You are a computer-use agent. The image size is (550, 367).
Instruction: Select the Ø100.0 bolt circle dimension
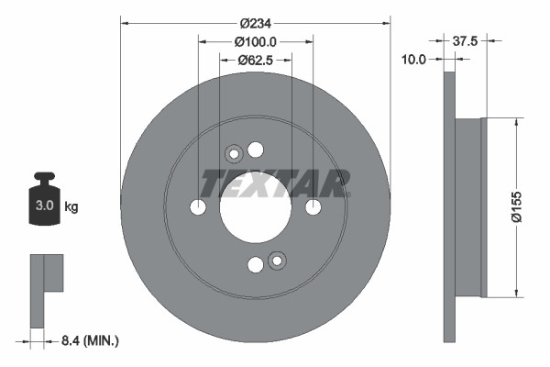pos(256,41)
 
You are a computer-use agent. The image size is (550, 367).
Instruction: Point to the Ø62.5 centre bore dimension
pos(256,61)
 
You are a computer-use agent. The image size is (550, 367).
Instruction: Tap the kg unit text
pos(71,207)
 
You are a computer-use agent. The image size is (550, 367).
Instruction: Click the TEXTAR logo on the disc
pos(275,183)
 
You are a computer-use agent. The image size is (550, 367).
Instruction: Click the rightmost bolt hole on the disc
pos(313,208)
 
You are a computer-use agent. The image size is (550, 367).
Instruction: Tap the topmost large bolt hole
pos(256,150)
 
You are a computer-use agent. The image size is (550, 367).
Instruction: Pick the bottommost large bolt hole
pos(256,266)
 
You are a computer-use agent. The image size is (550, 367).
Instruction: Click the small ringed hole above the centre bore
pos(234,154)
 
